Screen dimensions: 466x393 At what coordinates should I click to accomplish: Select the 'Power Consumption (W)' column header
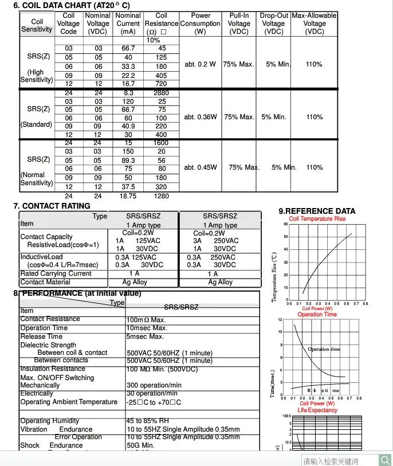click(x=200, y=24)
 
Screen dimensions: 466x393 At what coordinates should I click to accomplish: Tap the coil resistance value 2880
click(x=162, y=93)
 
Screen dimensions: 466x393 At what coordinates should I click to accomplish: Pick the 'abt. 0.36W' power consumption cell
click(x=201, y=117)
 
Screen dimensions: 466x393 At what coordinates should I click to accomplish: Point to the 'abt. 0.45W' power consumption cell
click(x=201, y=167)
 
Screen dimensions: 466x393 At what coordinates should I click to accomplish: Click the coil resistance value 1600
click(x=162, y=143)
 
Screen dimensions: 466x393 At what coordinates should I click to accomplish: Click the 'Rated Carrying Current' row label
click(x=56, y=273)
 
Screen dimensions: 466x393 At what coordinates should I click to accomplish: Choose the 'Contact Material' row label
click(x=45, y=282)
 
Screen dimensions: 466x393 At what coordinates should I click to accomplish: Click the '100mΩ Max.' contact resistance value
click(x=146, y=319)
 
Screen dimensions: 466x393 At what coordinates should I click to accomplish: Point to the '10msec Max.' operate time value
click(x=147, y=328)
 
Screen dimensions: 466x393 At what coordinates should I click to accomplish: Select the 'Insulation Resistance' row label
click(x=52, y=369)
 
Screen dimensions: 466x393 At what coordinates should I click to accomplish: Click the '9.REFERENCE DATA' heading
click(x=317, y=211)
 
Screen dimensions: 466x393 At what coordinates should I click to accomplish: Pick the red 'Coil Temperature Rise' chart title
click(x=317, y=219)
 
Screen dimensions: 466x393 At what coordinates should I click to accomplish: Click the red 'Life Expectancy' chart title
click(x=317, y=410)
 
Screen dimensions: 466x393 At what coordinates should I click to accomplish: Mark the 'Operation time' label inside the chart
click(x=324, y=349)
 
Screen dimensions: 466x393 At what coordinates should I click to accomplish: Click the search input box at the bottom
click(x=338, y=460)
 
